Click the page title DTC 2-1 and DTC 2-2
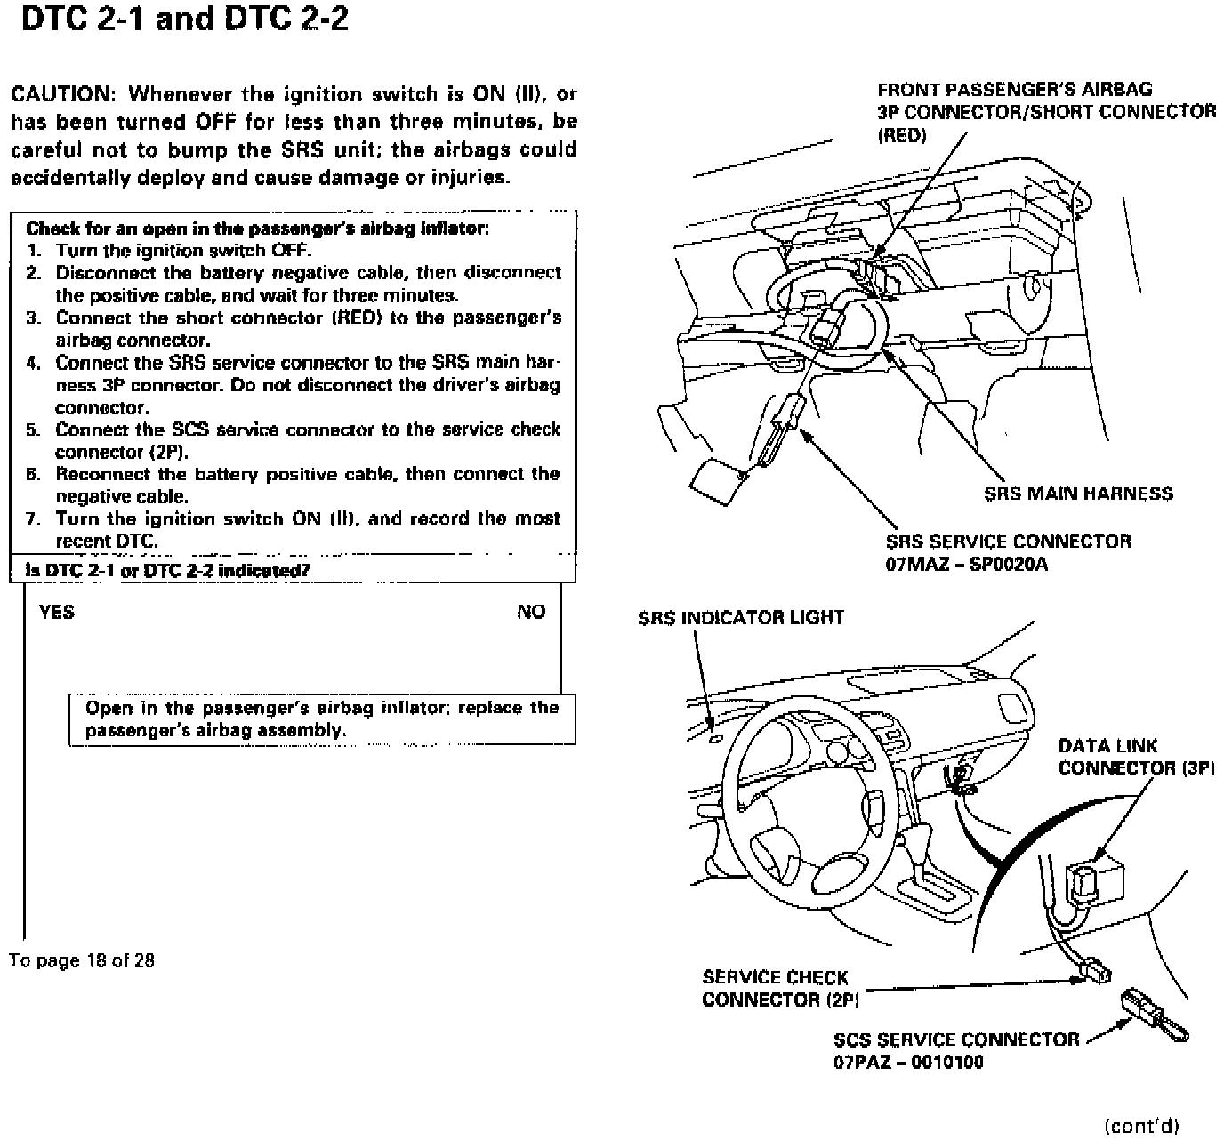[x=184, y=20]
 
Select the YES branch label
[x=57, y=612]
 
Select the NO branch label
[x=531, y=612]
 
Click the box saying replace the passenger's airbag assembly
[x=321, y=719]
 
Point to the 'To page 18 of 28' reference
[x=82, y=960]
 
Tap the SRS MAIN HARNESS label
[x=1078, y=494]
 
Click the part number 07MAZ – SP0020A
[x=966, y=564]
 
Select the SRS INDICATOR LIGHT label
[x=740, y=617]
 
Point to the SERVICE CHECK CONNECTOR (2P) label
[x=779, y=988]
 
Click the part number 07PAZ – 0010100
[x=908, y=1062]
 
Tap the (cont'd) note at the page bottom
[x=1141, y=1126]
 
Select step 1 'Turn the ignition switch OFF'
[x=183, y=250]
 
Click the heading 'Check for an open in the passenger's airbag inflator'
[x=257, y=228]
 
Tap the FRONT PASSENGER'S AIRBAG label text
[x=1014, y=90]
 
